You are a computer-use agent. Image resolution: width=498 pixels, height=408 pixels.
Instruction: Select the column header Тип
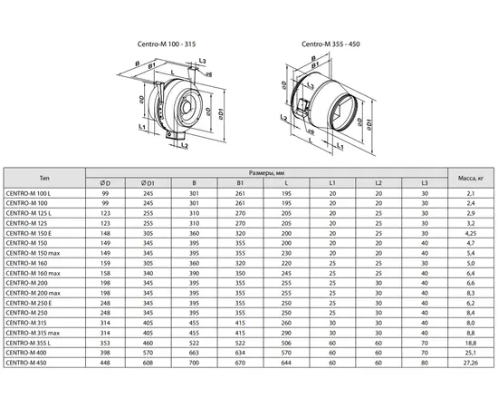(44, 179)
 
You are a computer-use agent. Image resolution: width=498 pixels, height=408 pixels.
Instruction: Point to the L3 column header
(423, 184)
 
